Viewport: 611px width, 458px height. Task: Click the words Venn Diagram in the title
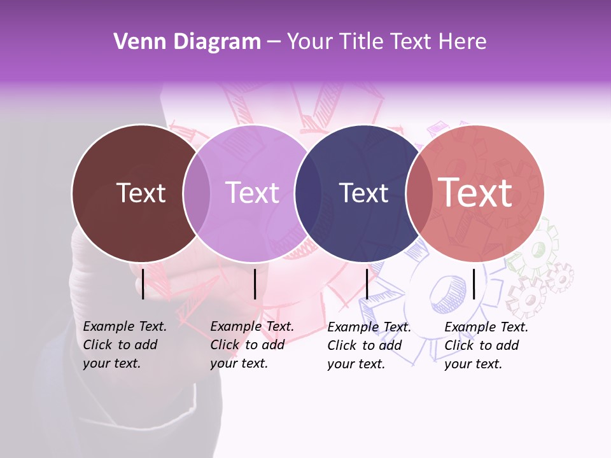187,42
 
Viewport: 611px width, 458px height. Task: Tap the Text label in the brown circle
141,193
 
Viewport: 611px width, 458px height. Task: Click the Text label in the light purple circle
252,193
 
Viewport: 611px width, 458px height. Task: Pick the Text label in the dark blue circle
363,193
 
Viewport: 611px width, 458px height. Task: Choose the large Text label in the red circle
475,192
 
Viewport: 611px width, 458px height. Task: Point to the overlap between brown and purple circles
197,193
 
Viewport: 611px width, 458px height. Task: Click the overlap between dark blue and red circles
419,193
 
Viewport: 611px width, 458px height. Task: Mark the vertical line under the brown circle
143,284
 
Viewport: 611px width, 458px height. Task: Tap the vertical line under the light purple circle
255,284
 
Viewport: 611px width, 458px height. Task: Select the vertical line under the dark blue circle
367,284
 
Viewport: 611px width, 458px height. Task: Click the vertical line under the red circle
474,284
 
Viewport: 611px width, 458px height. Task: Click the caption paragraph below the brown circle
125,345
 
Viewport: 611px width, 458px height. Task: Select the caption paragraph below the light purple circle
252,345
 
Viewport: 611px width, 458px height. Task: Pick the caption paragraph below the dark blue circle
369,345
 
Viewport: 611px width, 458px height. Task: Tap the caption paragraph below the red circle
486,345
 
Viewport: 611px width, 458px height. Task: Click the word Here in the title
463,42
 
